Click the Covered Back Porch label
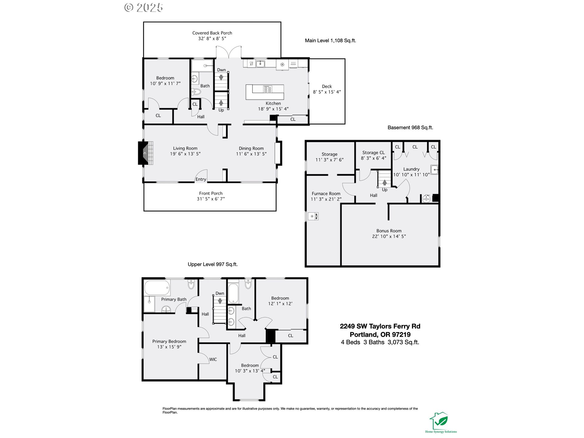(212, 33)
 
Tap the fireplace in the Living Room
(146, 153)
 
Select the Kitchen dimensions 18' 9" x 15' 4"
(273, 109)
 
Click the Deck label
(327, 86)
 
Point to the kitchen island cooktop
(268, 89)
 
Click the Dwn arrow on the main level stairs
(221, 78)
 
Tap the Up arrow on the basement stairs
(384, 182)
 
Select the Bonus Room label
(389, 231)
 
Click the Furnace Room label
(326, 193)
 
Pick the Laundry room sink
(434, 170)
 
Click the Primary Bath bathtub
(157, 288)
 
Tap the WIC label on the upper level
(213, 360)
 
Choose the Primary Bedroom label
(169, 341)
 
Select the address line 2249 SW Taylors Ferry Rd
(380, 326)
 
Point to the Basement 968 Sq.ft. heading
(410, 128)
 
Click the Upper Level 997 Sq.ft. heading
(213, 264)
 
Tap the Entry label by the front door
(201, 179)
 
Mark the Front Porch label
(211, 193)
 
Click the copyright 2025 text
(144, 8)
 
